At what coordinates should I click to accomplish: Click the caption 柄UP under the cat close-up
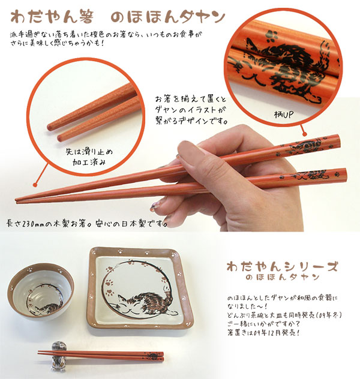283,115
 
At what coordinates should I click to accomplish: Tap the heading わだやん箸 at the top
52,17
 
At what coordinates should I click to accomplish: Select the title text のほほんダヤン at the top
168,17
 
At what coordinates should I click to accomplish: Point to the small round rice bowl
40,291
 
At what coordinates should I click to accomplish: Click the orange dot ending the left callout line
35,185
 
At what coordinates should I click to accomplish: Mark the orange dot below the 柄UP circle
305,133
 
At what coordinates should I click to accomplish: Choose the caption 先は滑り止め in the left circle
89,152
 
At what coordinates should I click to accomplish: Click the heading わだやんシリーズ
282,267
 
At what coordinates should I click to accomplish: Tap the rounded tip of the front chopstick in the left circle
60,139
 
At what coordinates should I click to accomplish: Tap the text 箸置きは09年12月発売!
264,333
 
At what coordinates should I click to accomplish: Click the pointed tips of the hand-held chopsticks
17,200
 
